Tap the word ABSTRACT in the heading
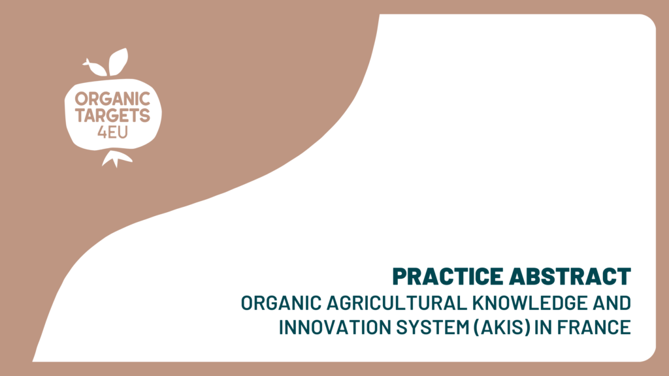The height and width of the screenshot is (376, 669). click(570, 276)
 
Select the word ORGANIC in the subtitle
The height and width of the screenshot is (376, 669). click(281, 303)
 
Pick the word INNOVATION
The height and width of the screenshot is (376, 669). click(335, 328)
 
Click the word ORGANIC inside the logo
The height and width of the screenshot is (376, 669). click(112, 99)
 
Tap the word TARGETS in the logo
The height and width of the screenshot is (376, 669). click(112, 116)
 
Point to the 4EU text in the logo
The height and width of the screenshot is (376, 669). click(112, 133)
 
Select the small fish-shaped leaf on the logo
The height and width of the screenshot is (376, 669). click(95, 67)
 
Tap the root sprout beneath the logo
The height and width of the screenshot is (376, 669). click(116, 158)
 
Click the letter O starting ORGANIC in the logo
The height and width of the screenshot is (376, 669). click(81, 99)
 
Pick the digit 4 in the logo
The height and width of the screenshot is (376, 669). click(102, 133)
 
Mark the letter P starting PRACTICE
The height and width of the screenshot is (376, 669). click(400, 276)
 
